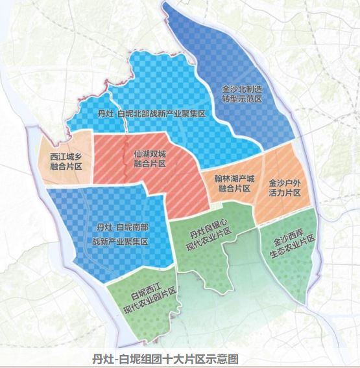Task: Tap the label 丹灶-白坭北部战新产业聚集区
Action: click(x=151, y=114)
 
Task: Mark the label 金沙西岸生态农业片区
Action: click(x=289, y=246)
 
